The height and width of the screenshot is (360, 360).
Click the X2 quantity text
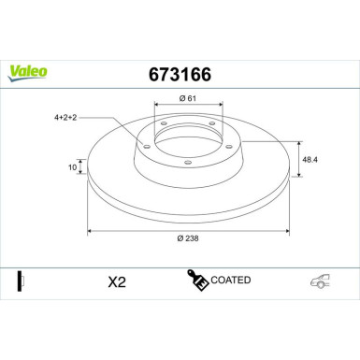[x=117, y=281]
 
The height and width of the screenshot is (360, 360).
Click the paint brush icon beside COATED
[x=197, y=281]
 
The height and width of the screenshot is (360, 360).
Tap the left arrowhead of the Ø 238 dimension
[x=89, y=230]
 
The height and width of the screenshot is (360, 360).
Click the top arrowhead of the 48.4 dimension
[x=297, y=143]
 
